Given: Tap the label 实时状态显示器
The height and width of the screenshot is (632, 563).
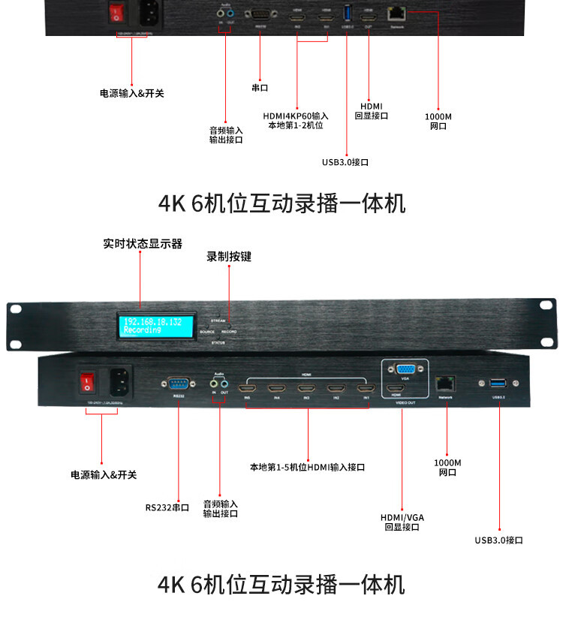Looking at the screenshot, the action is pyautogui.click(x=143, y=244).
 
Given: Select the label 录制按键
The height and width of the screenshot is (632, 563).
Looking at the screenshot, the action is pyautogui.click(x=229, y=257).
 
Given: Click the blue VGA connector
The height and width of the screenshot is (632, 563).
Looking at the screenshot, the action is pyautogui.click(x=405, y=369).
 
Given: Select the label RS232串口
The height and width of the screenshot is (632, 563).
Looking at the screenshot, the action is pyautogui.click(x=167, y=507).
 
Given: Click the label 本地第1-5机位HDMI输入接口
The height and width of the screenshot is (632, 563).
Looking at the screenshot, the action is pyautogui.click(x=308, y=467).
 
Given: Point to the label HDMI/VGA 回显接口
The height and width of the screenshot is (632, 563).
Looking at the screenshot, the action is pyautogui.click(x=402, y=522).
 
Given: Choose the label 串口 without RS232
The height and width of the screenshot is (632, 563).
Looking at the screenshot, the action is pyautogui.click(x=260, y=87).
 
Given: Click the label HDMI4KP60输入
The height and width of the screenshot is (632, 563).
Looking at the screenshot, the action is pyautogui.click(x=296, y=116).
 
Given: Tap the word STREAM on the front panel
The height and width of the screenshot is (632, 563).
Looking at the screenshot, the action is pyautogui.click(x=219, y=321).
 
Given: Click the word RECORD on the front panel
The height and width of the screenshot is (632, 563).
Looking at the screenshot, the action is pyautogui.click(x=230, y=331).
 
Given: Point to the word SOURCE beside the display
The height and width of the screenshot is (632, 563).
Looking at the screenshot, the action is pyautogui.click(x=207, y=331).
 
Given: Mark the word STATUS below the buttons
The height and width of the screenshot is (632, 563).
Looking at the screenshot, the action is pyautogui.click(x=218, y=342).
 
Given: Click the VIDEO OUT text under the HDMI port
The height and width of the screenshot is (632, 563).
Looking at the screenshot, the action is pyautogui.click(x=406, y=402).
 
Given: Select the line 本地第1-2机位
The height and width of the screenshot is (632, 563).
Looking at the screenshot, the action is pyautogui.click(x=296, y=125).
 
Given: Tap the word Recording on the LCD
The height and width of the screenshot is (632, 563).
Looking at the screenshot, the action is pyautogui.click(x=143, y=330).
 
